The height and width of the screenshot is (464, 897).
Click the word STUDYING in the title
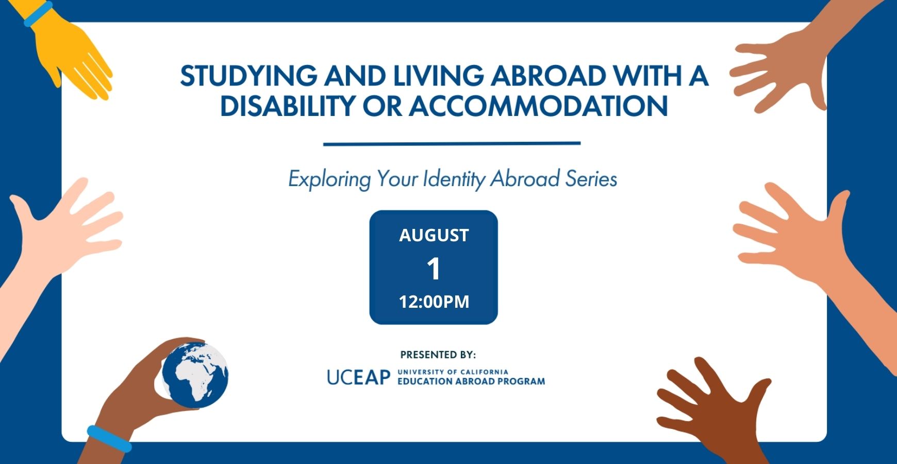tap(248, 76)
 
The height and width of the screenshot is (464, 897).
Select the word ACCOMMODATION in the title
tap(539, 106)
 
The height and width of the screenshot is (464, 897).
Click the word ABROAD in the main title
tap(548, 76)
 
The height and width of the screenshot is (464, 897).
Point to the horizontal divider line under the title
tap(452, 143)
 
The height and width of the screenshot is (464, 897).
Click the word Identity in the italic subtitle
tap(454, 179)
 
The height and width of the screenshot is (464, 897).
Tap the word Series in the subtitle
tap(591, 179)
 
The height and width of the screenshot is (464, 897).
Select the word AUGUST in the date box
tap(434, 235)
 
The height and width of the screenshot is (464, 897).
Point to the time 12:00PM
tap(434, 302)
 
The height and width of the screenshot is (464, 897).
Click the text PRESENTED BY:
tap(438, 355)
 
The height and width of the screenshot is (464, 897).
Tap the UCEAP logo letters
tap(359, 377)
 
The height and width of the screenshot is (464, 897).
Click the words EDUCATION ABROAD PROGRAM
tap(471, 382)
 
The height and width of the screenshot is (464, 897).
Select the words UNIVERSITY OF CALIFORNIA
tap(453, 372)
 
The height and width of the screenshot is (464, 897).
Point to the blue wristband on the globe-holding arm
tap(109, 439)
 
